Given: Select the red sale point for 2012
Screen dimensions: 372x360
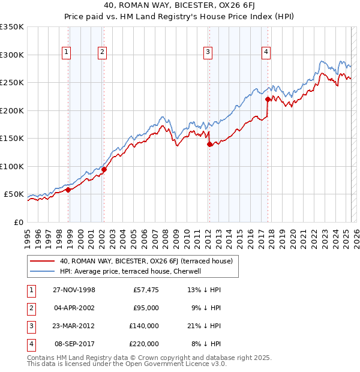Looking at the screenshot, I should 209,144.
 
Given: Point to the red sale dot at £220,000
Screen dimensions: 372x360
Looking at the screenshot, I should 268,99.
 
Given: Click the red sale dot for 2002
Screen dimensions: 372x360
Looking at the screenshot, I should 104,169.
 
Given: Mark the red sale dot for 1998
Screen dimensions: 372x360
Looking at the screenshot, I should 68,190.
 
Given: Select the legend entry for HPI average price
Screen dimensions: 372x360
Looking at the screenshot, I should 133,271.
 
